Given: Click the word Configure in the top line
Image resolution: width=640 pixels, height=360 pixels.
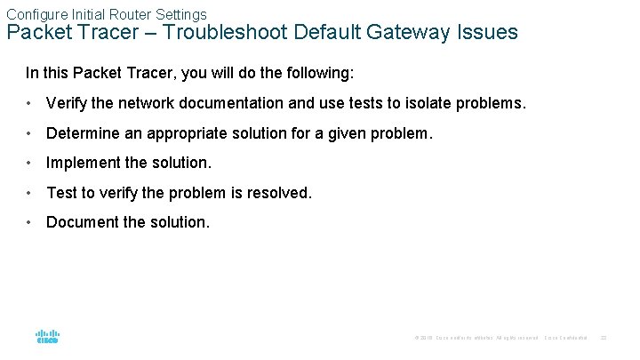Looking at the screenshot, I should point(33,14).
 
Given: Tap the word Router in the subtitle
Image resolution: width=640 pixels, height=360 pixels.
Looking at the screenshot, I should point(122,14).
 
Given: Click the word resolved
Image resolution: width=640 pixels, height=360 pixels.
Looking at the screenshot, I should point(282,193).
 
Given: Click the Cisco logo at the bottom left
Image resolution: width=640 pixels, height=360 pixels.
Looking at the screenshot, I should point(47,337).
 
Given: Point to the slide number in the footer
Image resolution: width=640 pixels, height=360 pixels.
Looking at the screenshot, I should point(604,338).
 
